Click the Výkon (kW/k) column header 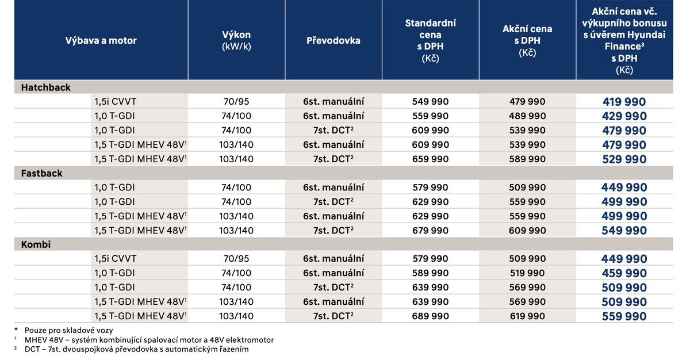[236, 40]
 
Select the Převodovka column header [333, 40]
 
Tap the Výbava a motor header [101, 40]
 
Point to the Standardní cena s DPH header [430, 40]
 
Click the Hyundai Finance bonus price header [624, 40]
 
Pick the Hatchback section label [46, 87]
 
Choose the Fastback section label [42, 173]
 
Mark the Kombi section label [36, 244]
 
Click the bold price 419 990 [624, 102]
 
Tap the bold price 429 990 [624, 116]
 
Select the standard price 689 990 [431, 316]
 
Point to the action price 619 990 [527, 316]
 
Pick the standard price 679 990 [431, 230]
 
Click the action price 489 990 [527, 116]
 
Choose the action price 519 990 [527, 273]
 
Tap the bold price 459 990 [624, 273]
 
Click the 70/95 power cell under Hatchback [236, 102]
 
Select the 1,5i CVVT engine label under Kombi [116, 259]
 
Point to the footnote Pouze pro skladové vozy [68, 330]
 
